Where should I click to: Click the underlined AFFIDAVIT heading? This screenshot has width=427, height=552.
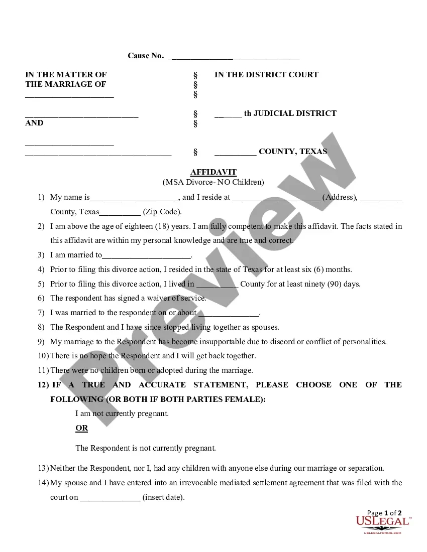213,173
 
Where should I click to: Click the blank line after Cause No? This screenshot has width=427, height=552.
234,56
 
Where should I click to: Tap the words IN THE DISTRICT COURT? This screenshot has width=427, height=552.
266,75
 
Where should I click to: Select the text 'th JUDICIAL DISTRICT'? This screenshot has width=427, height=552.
290,113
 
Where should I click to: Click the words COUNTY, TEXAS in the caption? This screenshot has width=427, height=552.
293,152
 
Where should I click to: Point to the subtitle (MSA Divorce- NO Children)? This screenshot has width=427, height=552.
213,182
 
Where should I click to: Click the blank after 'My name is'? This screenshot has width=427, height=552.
134,198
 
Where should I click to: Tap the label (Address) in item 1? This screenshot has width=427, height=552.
340,197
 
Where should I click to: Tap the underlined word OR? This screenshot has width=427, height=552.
81,428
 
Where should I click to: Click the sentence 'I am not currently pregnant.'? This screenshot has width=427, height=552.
122,414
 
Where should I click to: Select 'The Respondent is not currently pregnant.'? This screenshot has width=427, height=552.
146,448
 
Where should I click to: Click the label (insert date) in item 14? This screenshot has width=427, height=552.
164,498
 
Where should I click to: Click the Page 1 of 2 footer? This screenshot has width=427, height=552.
384,513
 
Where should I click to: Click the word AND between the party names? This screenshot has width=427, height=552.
34,123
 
